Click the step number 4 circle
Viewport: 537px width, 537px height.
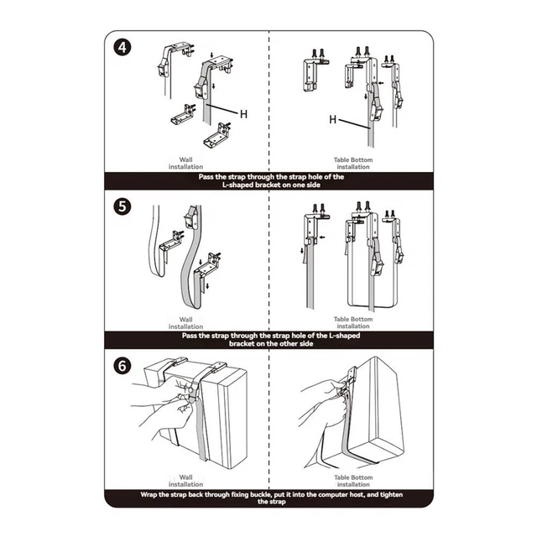pyautogui.click(x=123, y=48)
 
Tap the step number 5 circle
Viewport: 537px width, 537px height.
pyautogui.click(x=123, y=207)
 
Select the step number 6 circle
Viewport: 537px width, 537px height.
pyautogui.click(x=123, y=366)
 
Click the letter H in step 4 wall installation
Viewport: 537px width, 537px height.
pyautogui.click(x=243, y=114)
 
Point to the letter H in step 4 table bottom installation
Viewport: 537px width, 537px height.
pyautogui.click(x=332, y=119)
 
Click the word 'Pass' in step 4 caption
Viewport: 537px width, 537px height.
pyautogui.click(x=206, y=177)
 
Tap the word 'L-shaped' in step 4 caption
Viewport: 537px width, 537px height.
pyautogui.click(x=237, y=185)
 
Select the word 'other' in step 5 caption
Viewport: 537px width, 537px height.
pyautogui.click(x=289, y=343)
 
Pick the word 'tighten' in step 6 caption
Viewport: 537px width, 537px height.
pyautogui.click(x=391, y=494)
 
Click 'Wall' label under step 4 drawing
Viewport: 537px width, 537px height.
pyautogui.click(x=185, y=159)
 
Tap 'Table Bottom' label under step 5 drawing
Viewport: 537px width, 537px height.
pyautogui.click(x=353, y=319)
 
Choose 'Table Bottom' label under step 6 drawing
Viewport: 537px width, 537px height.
pyautogui.click(x=353, y=477)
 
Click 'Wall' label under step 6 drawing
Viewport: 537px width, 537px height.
pyautogui.click(x=185, y=477)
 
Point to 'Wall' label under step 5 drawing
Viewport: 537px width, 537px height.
pyautogui.click(x=185, y=320)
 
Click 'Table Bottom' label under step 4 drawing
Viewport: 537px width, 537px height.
pyautogui.click(x=353, y=160)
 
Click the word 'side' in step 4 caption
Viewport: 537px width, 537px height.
pyautogui.click(x=313, y=185)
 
